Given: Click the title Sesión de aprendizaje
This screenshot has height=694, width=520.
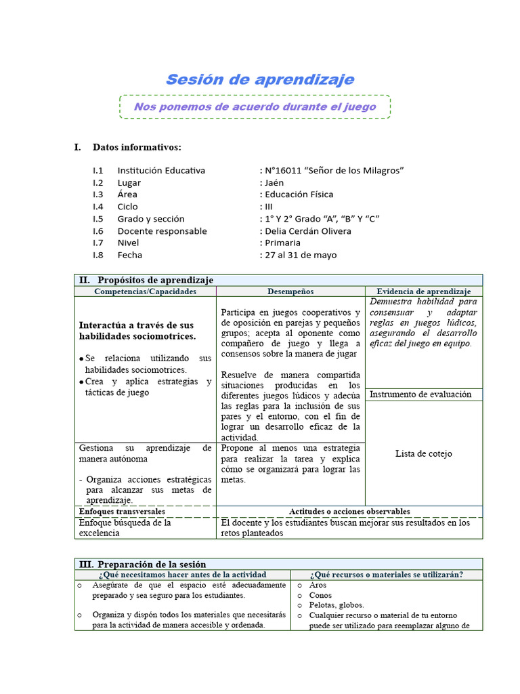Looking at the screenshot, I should click(x=260, y=79).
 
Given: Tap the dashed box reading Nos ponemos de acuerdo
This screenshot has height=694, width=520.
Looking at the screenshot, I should click(x=255, y=107).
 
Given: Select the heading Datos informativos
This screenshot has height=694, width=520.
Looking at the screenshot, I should click(x=137, y=147).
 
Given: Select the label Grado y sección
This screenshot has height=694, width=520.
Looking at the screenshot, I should click(x=151, y=219).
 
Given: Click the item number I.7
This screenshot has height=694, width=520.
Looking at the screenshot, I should click(x=98, y=243).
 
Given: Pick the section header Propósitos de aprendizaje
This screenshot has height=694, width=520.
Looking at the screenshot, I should click(x=155, y=280).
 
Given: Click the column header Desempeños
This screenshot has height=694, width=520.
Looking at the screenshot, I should click(x=290, y=291).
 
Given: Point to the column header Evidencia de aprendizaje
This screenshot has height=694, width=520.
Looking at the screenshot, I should click(x=424, y=291).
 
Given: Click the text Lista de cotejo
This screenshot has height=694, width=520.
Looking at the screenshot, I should click(x=424, y=453).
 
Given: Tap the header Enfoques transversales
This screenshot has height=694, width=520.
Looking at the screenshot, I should click(x=121, y=512).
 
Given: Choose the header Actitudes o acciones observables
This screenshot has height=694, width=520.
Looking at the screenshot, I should click(x=349, y=512).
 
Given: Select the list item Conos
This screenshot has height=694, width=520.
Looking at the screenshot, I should click(x=320, y=595).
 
